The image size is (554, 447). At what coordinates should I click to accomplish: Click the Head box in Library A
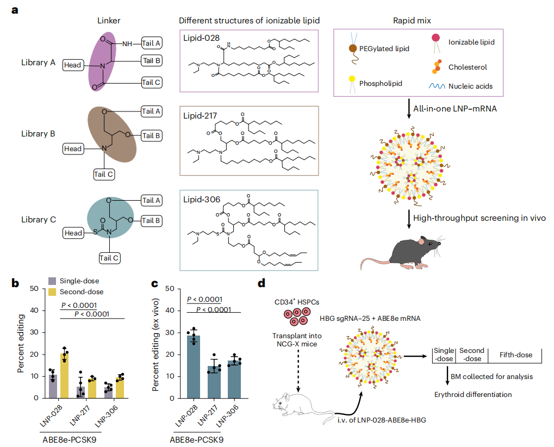click(x=72, y=65)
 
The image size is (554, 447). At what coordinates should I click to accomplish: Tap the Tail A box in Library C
click(x=152, y=200)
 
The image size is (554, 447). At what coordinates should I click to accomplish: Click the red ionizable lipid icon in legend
click(x=436, y=38)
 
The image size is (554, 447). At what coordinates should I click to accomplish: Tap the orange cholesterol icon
click(x=436, y=66)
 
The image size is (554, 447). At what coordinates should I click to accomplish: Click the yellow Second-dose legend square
click(x=52, y=292)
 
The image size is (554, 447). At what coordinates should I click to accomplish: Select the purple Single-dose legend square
click(x=52, y=281)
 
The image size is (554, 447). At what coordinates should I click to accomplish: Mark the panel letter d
click(x=262, y=283)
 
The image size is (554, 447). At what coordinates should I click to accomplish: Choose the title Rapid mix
click(x=409, y=20)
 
